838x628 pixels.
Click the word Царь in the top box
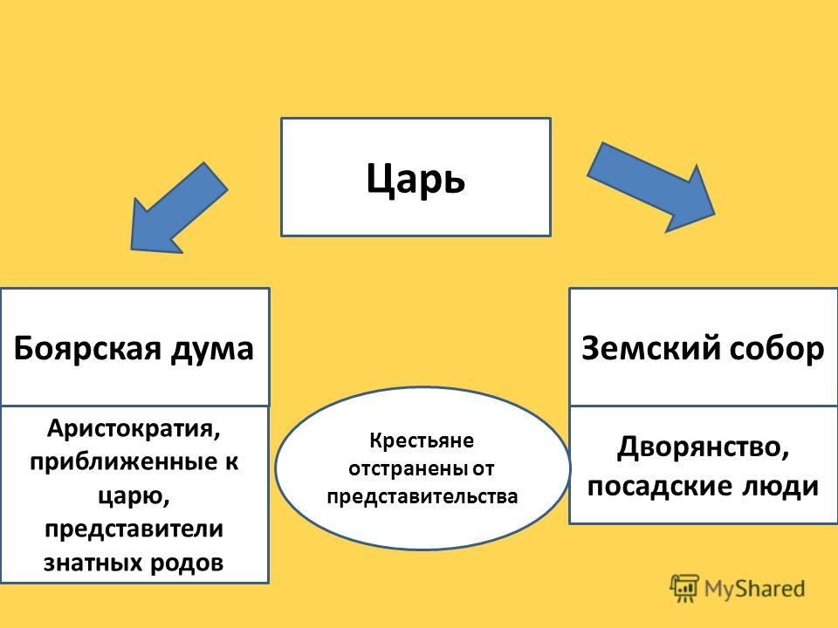point(416,178)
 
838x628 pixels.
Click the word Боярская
point(86,349)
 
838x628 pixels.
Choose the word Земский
point(650,348)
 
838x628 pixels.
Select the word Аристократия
point(134,429)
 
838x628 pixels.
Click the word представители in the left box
point(134,529)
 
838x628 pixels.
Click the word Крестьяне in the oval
point(421,441)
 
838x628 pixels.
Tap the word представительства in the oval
point(422,496)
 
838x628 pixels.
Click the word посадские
point(659,486)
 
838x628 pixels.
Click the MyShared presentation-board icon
point(684,589)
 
